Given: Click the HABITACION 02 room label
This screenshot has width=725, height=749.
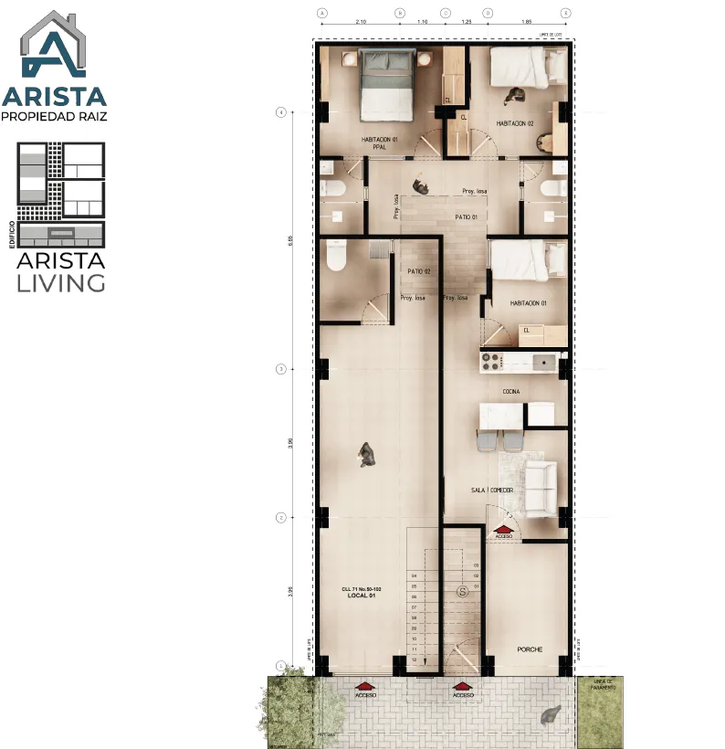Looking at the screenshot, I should tap(515, 123).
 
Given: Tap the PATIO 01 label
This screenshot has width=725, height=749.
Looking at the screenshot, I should tap(466, 217).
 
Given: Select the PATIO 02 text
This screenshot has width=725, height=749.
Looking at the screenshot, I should tap(418, 271).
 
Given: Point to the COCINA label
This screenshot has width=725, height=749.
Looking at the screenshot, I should tap(510, 391).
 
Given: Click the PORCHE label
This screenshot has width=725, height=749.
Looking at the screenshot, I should tap(530, 649).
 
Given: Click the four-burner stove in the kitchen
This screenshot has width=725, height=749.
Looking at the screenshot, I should tap(491, 362).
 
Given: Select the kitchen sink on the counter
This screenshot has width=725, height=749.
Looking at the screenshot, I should tap(545, 362).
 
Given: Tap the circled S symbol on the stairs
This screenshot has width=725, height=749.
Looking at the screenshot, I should tap(463, 591).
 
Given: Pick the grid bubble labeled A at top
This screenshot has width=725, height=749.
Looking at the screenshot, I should tap(321, 13).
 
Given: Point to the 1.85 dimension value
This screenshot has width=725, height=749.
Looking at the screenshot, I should tap(526, 20).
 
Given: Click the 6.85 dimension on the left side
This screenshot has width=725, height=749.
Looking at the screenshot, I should tap(289, 239).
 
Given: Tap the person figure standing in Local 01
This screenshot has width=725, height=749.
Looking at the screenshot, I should tap(367, 454).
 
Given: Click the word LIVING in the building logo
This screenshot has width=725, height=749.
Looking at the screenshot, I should tap(61, 282).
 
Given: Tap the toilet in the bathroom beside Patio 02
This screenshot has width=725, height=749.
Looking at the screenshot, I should tap(334, 256).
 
